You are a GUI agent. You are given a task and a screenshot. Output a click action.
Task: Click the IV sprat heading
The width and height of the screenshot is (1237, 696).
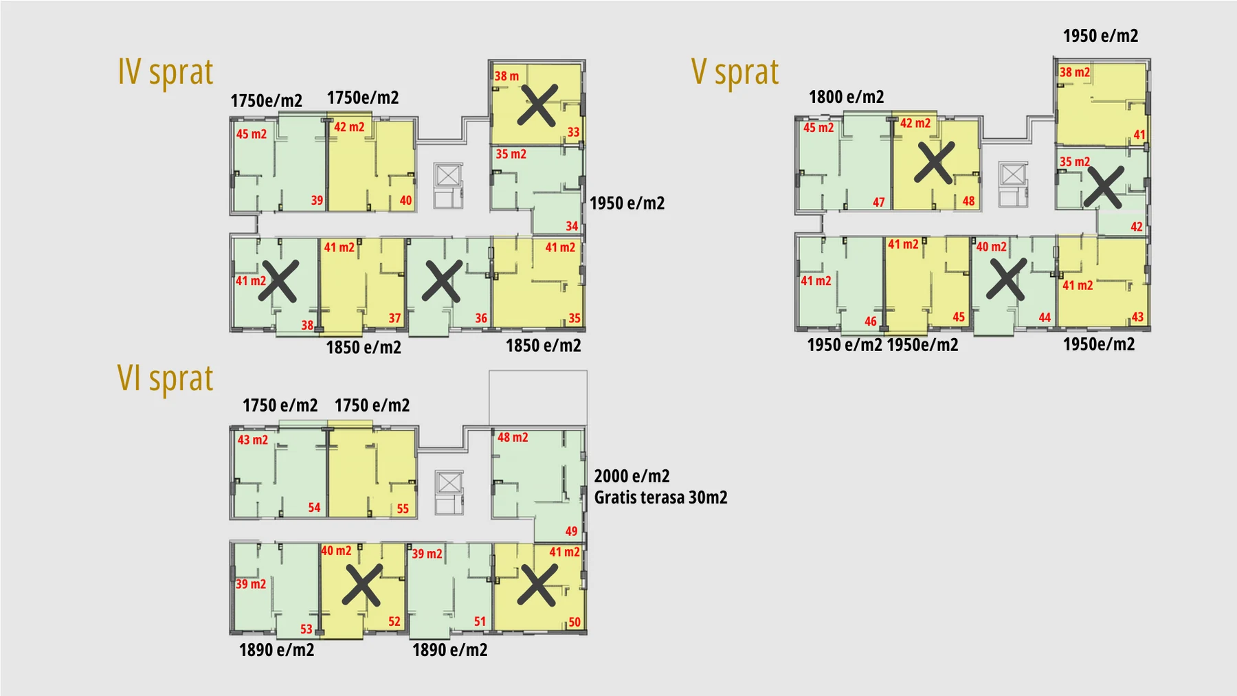pos(166,72)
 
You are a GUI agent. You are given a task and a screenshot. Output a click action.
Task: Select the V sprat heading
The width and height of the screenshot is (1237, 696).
pos(735,72)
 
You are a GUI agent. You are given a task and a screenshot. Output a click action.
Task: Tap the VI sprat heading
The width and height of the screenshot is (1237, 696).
pos(166,379)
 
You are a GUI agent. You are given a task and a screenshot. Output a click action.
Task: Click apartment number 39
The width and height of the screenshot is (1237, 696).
pos(317,201)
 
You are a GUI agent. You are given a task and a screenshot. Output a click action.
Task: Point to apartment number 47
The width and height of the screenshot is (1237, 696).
pos(879,203)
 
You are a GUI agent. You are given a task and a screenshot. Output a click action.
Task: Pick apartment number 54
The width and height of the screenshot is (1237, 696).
pos(314,508)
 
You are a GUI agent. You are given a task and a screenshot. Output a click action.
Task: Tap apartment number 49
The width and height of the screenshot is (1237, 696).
pos(572,531)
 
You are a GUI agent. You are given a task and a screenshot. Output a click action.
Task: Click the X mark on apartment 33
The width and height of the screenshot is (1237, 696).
pos(537,105)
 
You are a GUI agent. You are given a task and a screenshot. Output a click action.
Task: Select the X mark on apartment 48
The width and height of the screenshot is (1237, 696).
pos(935,163)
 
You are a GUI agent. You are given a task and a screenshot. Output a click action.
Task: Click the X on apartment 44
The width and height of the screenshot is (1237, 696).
pos(1007,279)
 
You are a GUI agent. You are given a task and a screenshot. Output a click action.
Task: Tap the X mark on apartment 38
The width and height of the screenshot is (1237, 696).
pos(278,281)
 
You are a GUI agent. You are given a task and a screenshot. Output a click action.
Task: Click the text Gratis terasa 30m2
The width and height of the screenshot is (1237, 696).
pos(660,497)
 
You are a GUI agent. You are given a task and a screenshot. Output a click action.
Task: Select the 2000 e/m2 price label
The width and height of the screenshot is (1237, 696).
pos(632,476)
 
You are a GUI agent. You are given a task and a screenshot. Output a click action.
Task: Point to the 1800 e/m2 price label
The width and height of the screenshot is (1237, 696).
pos(846,97)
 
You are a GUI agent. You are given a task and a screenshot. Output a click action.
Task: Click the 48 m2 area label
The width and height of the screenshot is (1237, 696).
pos(513,438)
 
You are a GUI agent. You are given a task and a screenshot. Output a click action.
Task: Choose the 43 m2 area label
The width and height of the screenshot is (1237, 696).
pos(253,440)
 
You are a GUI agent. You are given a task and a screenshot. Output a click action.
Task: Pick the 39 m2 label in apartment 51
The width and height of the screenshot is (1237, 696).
pos(427,554)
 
